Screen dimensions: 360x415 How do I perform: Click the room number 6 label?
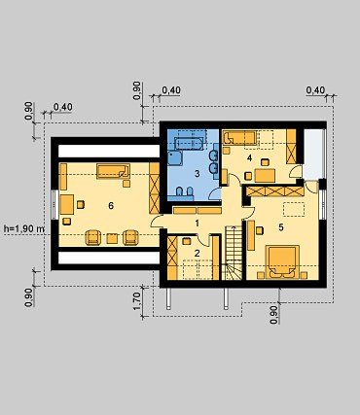point(111,206)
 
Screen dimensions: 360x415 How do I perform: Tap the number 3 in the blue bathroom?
point(198,174)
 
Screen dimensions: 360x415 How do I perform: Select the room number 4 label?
point(249,158)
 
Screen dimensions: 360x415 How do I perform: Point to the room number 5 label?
point(281,227)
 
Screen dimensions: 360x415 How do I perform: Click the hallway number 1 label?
point(197,224)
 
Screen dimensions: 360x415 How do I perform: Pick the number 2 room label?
point(197,253)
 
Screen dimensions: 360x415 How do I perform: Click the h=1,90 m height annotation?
point(24,228)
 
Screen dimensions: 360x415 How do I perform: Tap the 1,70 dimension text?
point(137,301)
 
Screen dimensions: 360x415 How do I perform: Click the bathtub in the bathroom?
point(189,143)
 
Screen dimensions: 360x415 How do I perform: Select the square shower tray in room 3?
point(175,157)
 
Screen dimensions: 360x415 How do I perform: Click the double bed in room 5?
point(282,262)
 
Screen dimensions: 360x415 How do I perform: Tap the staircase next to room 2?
point(234,253)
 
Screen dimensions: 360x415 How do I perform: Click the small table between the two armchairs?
point(112,238)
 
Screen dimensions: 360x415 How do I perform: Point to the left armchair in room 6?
point(92,237)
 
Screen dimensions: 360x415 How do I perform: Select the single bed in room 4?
point(239,138)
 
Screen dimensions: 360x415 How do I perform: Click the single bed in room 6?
point(113,171)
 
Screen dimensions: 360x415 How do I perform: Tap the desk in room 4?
point(266,175)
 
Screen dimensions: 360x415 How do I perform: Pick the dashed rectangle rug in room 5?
point(294,209)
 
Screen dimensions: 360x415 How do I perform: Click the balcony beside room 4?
point(313,155)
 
